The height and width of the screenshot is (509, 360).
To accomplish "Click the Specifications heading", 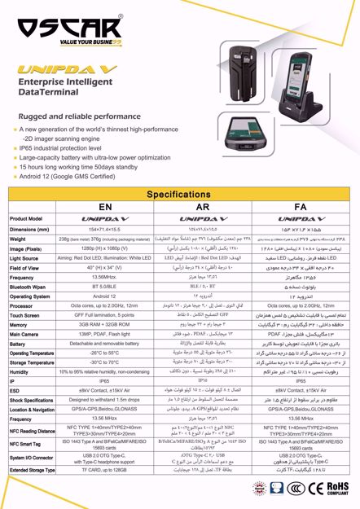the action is click(x=180, y=196).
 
